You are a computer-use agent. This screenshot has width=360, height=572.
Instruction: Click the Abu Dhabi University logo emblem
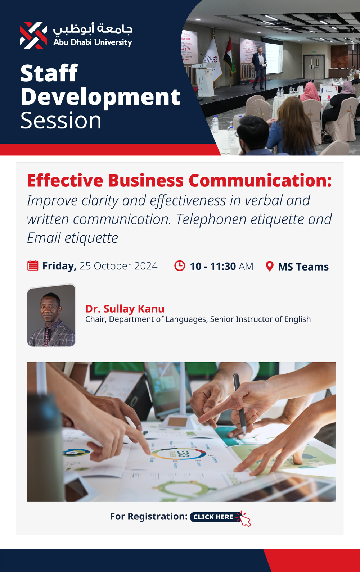tap(33, 35)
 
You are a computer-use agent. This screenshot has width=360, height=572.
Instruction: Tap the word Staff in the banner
tap(49, 73)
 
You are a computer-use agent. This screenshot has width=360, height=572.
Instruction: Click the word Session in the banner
tap(61, 120)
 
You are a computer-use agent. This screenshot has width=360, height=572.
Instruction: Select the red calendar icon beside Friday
tap(33, 265)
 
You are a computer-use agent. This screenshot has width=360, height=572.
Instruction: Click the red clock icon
tap(180, 265)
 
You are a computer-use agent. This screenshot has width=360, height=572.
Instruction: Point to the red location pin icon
tap(270, 266)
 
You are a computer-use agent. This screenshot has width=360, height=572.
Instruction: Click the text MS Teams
tap(303, 267)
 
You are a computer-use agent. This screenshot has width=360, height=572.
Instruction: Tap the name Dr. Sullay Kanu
tap(125, 309)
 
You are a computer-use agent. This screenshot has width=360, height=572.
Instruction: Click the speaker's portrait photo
tap(51, 315)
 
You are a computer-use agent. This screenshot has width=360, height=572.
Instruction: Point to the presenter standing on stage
tap(259, 68)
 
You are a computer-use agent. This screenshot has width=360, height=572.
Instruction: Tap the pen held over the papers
tap(240, 404)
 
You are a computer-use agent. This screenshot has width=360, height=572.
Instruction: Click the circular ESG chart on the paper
tap(179, 454)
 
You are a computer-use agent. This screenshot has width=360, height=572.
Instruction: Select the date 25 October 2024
tap(118, 266)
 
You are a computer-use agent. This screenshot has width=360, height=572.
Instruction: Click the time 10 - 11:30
tap(213, 266)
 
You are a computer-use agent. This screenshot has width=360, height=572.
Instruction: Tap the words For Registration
tap(149, 516)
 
